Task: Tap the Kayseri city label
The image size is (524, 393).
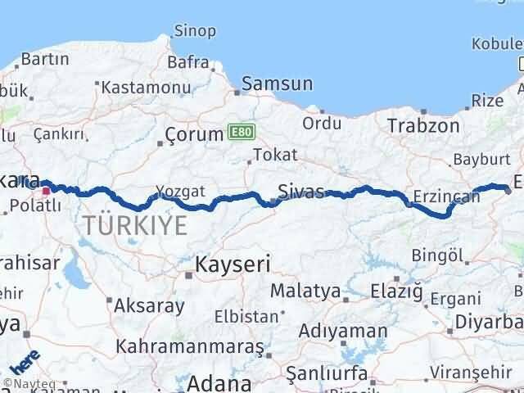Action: click(232, 264)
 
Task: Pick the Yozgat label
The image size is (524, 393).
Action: click(181, 191)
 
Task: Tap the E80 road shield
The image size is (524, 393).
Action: click(241, 131)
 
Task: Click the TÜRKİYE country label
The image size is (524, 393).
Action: click(133, 226)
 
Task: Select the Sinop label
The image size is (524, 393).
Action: click(196, 32)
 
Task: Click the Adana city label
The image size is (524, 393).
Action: click(217, 382)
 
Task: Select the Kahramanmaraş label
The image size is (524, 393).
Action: click(189, 346)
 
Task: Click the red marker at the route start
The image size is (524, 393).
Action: click(46, 190)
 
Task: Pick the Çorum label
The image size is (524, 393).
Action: click(194, 133)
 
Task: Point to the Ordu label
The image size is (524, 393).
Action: click(321, 124)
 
